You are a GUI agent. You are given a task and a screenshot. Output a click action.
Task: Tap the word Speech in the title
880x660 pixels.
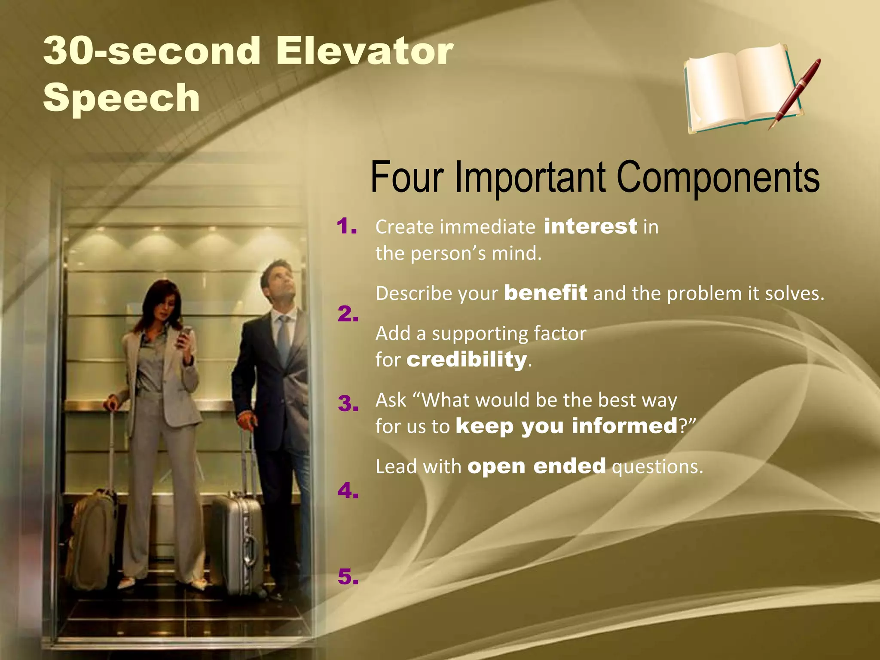point(122,98)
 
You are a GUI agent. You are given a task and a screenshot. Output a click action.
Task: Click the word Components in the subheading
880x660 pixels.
point(718,177)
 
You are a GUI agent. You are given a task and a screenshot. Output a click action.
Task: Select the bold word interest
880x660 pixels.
point(590,226)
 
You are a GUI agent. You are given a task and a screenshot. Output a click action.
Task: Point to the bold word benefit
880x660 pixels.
point(545,293)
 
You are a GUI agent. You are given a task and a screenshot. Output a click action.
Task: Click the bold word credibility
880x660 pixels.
point(467,359)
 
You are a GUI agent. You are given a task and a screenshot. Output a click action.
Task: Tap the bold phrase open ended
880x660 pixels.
point(537,466)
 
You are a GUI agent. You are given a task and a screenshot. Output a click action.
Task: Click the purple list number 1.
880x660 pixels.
point(347,226)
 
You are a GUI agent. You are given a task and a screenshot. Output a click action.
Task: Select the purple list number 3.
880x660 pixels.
point(348,403)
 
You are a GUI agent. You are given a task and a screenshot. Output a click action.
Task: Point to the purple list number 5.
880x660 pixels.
point(348,577)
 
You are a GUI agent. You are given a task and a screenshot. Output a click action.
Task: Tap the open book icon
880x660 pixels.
point(739,88)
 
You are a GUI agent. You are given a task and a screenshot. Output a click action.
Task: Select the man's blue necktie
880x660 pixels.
point(283,339)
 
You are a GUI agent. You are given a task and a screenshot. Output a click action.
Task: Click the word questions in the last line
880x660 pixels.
point(657,467)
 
